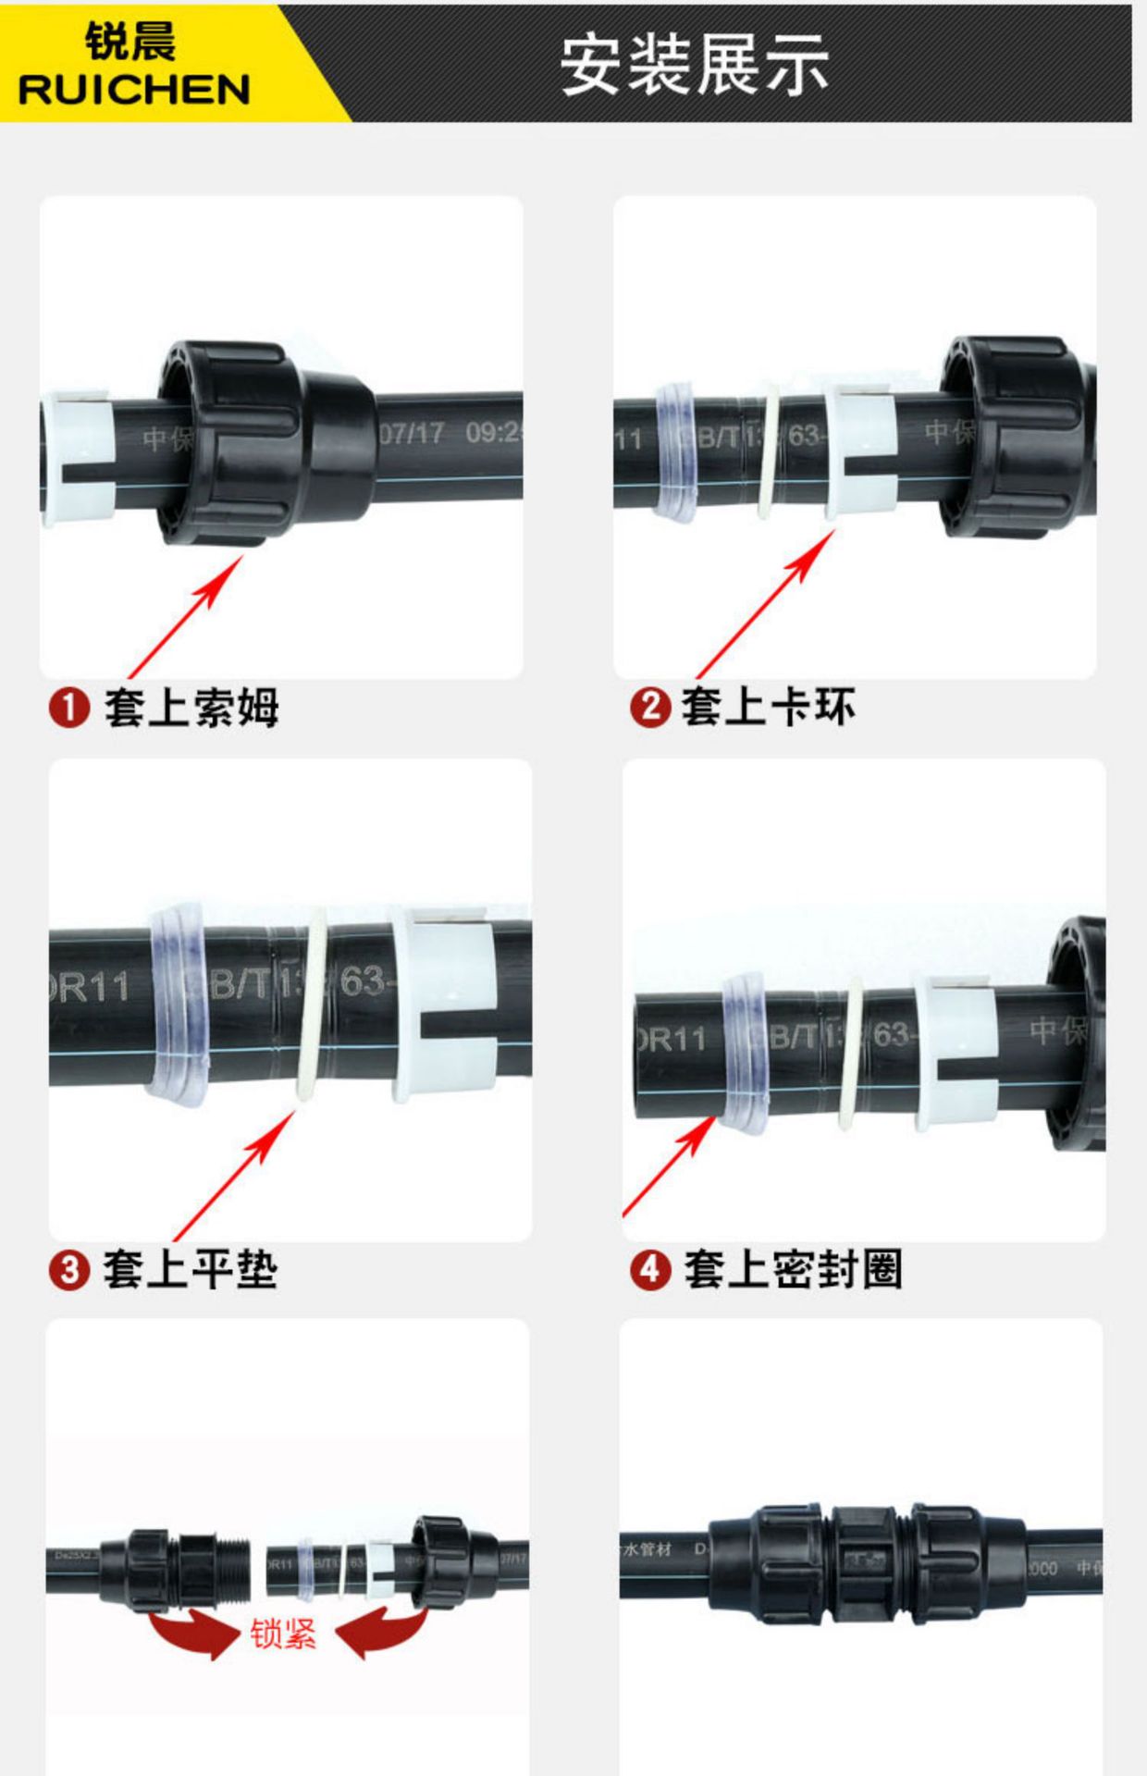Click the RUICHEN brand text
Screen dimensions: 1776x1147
[x=134, y=90]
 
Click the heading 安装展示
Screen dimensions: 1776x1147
[x=694, y=65]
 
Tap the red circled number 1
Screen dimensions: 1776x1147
[x=68, y=709]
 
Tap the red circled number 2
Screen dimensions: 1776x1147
[x=649, y=708]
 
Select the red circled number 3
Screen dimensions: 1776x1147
[x=68, y=1270]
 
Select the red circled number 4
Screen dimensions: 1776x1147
[x=649, y=1269]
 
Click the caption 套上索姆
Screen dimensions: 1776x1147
[x=191, y=708]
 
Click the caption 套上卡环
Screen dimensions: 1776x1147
[x=768, y=707]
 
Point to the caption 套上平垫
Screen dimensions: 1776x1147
[x=191, y=1269]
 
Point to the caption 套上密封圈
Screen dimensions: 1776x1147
[x=793, y=1269]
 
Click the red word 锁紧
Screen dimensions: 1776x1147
[x=283, y=1634]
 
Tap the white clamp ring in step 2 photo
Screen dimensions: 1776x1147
[x=860, y=453]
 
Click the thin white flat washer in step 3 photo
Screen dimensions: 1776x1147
[x=313, y=1004]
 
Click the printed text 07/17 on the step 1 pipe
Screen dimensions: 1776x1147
[x=413, y=433]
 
